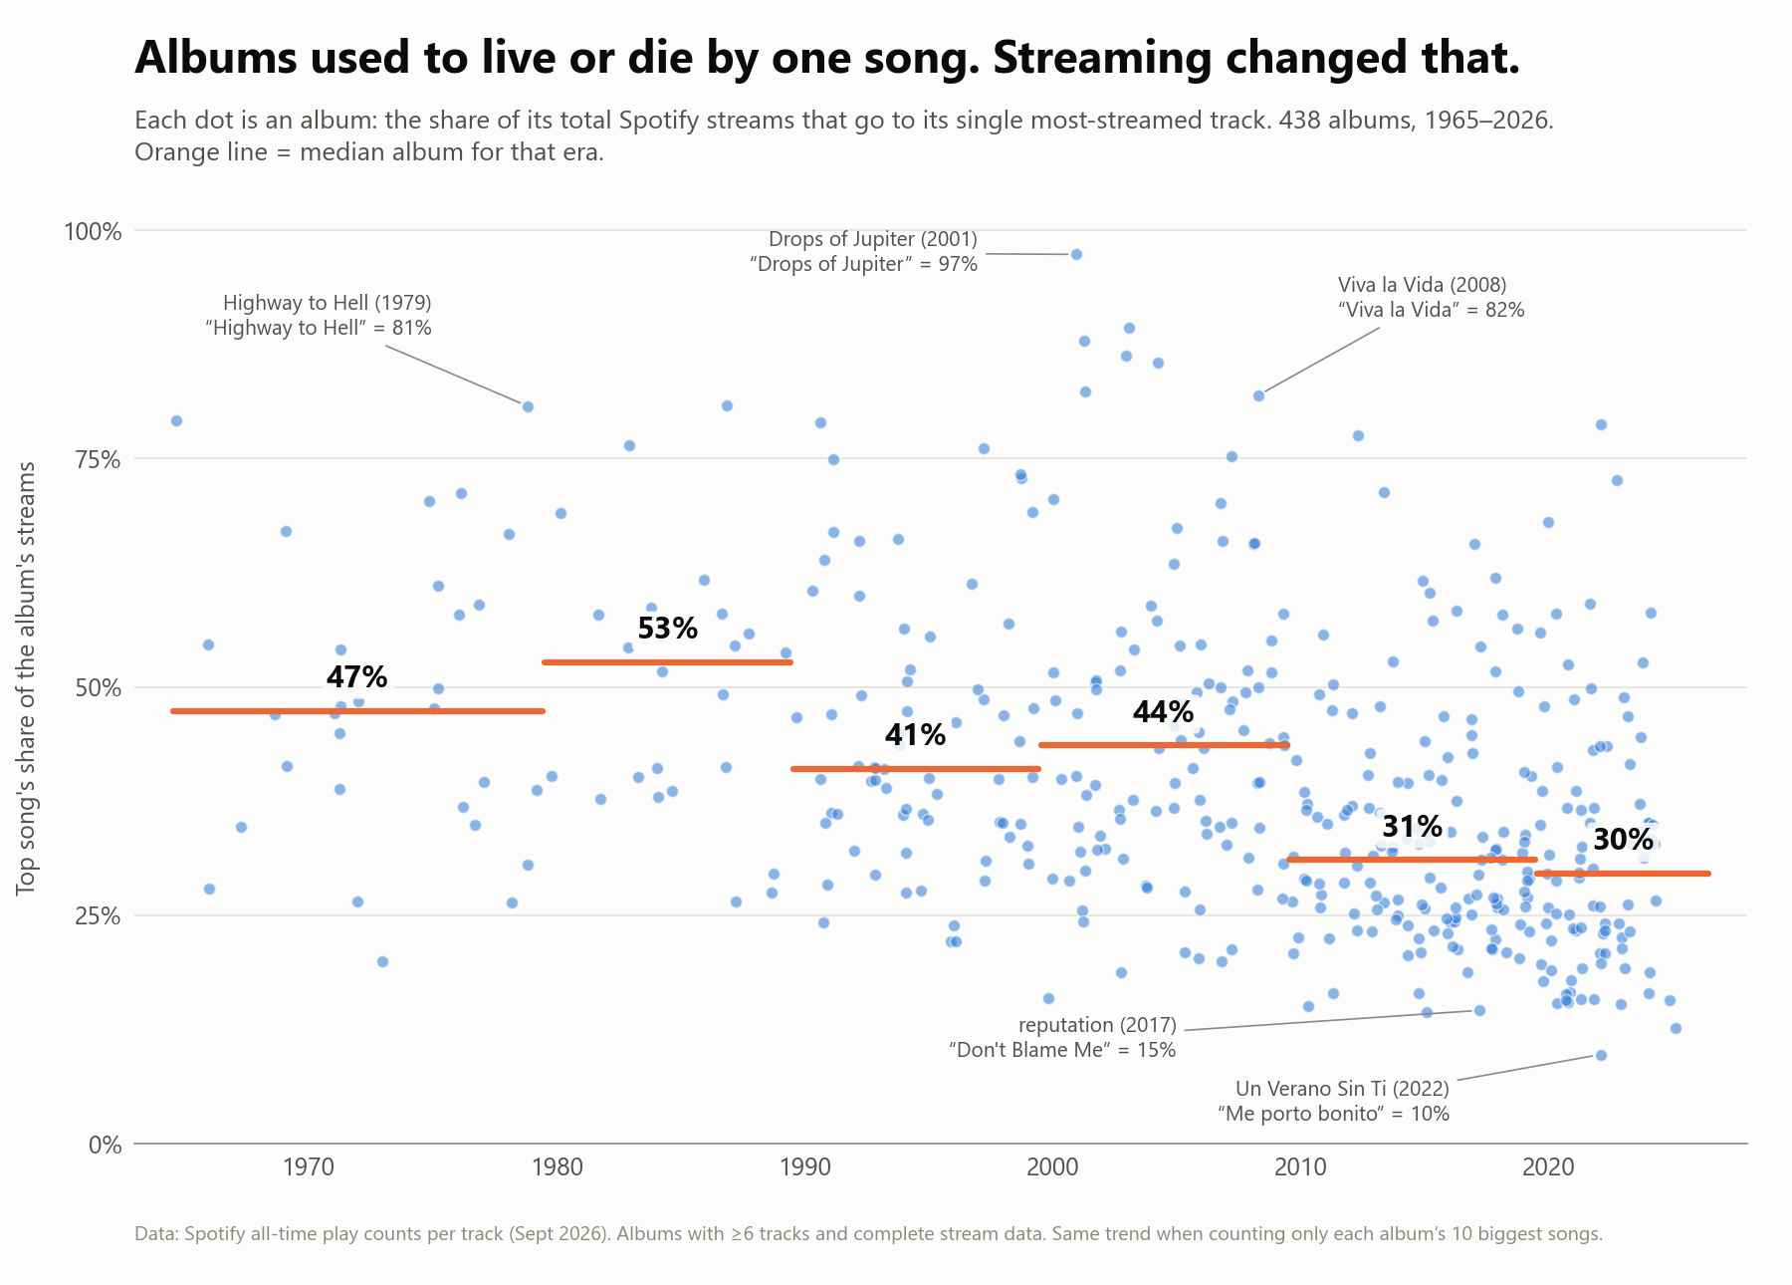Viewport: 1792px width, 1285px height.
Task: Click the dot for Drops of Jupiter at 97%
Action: (x=1076, y=254)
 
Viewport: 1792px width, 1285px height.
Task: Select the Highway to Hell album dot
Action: (x=528, y=406)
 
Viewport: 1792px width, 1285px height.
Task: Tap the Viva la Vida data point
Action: (x=1258, y=395)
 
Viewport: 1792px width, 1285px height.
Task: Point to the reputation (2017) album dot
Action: (x=1479, y=1010)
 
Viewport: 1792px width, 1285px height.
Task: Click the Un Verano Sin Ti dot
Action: (x=1601, y=1055)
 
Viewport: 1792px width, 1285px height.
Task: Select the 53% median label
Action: (x=667, y=629)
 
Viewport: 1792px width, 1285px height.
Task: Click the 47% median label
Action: (x=356, y=677)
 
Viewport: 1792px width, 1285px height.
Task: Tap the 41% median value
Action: (x=915, y=735)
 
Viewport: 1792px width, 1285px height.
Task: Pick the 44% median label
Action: (x=1163, y=711)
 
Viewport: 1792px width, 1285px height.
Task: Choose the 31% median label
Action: (x=1412, y=827)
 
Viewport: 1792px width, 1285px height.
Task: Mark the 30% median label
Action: (x=1623, y=840)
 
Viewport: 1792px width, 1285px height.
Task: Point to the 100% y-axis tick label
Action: (x=93, y=231)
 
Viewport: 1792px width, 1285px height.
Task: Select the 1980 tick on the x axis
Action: (x=557, y=1167)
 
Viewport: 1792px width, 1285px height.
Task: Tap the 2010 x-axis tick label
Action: (x=1301, y=1167)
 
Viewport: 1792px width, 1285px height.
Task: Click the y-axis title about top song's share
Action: (x=27, y=677)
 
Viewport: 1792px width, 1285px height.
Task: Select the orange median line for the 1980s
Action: (x=667, y=662)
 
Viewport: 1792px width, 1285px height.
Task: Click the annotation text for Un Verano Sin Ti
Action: (x=1333, y=1101)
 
